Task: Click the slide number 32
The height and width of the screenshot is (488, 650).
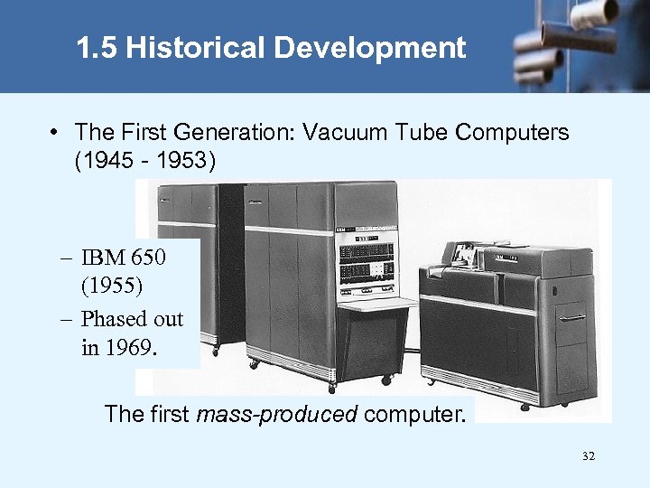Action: (x=589, y=457)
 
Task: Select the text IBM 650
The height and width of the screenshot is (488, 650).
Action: (x=123, y=258)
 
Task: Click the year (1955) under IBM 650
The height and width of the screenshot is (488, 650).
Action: (x=111, y=287)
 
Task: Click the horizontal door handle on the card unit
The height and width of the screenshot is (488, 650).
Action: (x=572, y=318)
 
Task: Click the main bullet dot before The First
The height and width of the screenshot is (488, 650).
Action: (x=56, y=133)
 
